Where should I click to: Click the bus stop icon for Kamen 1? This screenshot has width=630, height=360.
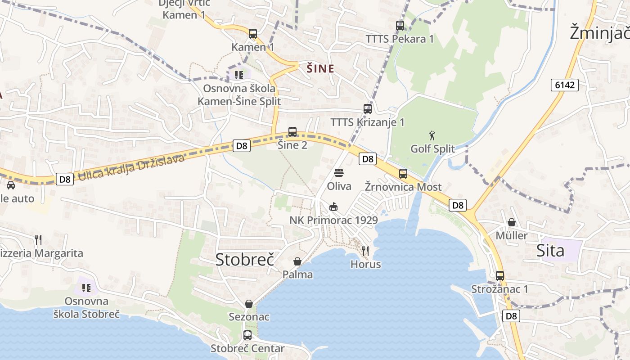253,33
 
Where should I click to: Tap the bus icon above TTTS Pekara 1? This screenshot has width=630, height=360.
400,25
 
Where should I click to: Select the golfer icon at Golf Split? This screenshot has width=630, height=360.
432,135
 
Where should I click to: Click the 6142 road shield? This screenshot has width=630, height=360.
564,85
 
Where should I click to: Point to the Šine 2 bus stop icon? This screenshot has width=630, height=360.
292,132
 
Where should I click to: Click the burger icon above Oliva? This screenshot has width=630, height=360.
339,173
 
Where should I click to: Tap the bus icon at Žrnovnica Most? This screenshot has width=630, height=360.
403,174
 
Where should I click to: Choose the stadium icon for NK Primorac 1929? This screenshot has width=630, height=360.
333,207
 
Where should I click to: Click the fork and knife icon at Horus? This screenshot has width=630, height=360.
365,251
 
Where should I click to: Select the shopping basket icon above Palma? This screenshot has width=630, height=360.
297,261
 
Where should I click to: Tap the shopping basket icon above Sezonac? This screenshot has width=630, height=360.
249,304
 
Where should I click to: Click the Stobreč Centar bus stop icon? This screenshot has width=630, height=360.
247,335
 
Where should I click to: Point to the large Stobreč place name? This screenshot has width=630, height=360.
245,260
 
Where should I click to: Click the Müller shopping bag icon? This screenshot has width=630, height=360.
512,222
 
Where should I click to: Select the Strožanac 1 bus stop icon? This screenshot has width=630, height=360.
500,276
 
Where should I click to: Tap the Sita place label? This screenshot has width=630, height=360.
550,251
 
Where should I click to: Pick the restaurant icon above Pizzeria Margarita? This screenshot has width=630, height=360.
38,240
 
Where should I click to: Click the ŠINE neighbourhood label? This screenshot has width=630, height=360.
320,69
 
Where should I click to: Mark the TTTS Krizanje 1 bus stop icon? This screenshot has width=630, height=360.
368,109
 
